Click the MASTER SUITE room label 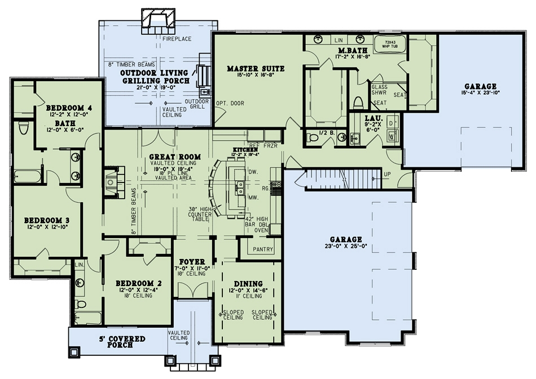coord(256,69)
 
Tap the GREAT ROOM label coord(165,157)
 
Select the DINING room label coord(248,283)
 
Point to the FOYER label coord(192,262)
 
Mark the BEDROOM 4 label coord(69,107)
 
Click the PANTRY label coord(262,249)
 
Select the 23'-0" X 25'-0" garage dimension coord(346,247)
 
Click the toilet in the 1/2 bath coord(311,137)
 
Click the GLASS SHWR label coord(380,91)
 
